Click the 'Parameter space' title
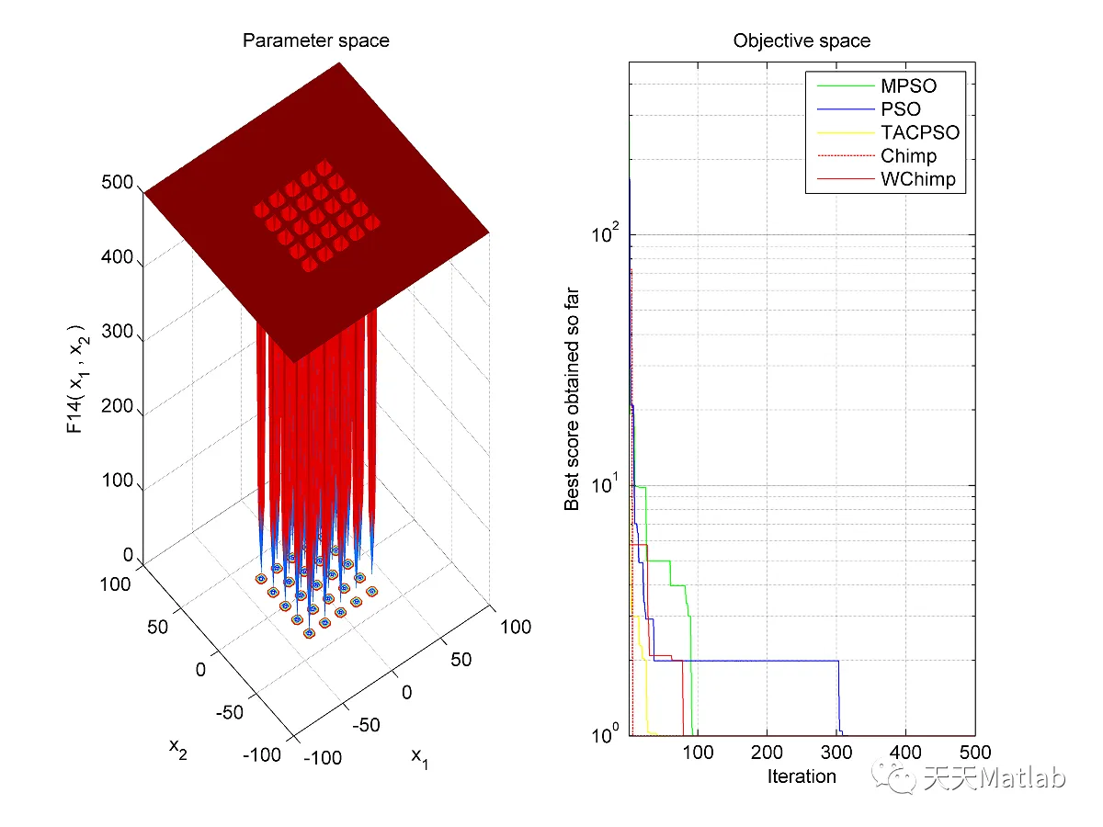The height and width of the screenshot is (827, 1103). point(315,40)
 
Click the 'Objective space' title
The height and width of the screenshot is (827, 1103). point(802,40)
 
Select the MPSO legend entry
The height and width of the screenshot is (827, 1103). point(908,86)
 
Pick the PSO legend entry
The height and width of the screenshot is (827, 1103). point(901,109)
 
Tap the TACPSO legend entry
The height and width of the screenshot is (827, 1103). point(919,132)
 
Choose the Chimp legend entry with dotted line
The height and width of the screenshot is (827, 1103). point(908,156)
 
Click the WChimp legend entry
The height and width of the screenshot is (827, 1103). point(917,179)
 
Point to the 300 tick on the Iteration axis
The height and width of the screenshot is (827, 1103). point(836,754)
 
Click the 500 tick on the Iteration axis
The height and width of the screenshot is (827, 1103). point(974,754)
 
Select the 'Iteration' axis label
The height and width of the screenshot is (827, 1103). point(802,776)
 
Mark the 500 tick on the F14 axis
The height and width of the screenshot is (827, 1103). point(118,183)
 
